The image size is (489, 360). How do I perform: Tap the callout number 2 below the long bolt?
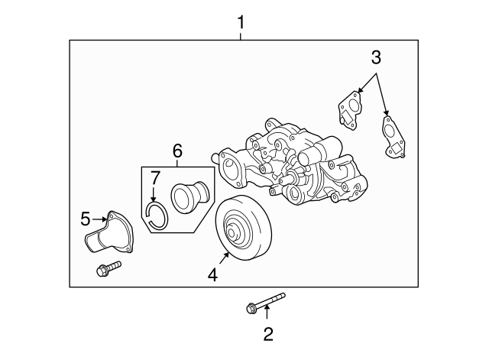pyautogui.click(x=267, y=333)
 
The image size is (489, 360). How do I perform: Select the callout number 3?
pyautogui.click(x=375, y=57)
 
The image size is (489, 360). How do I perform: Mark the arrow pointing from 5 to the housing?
pyautogui.click(x=99, y=220)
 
